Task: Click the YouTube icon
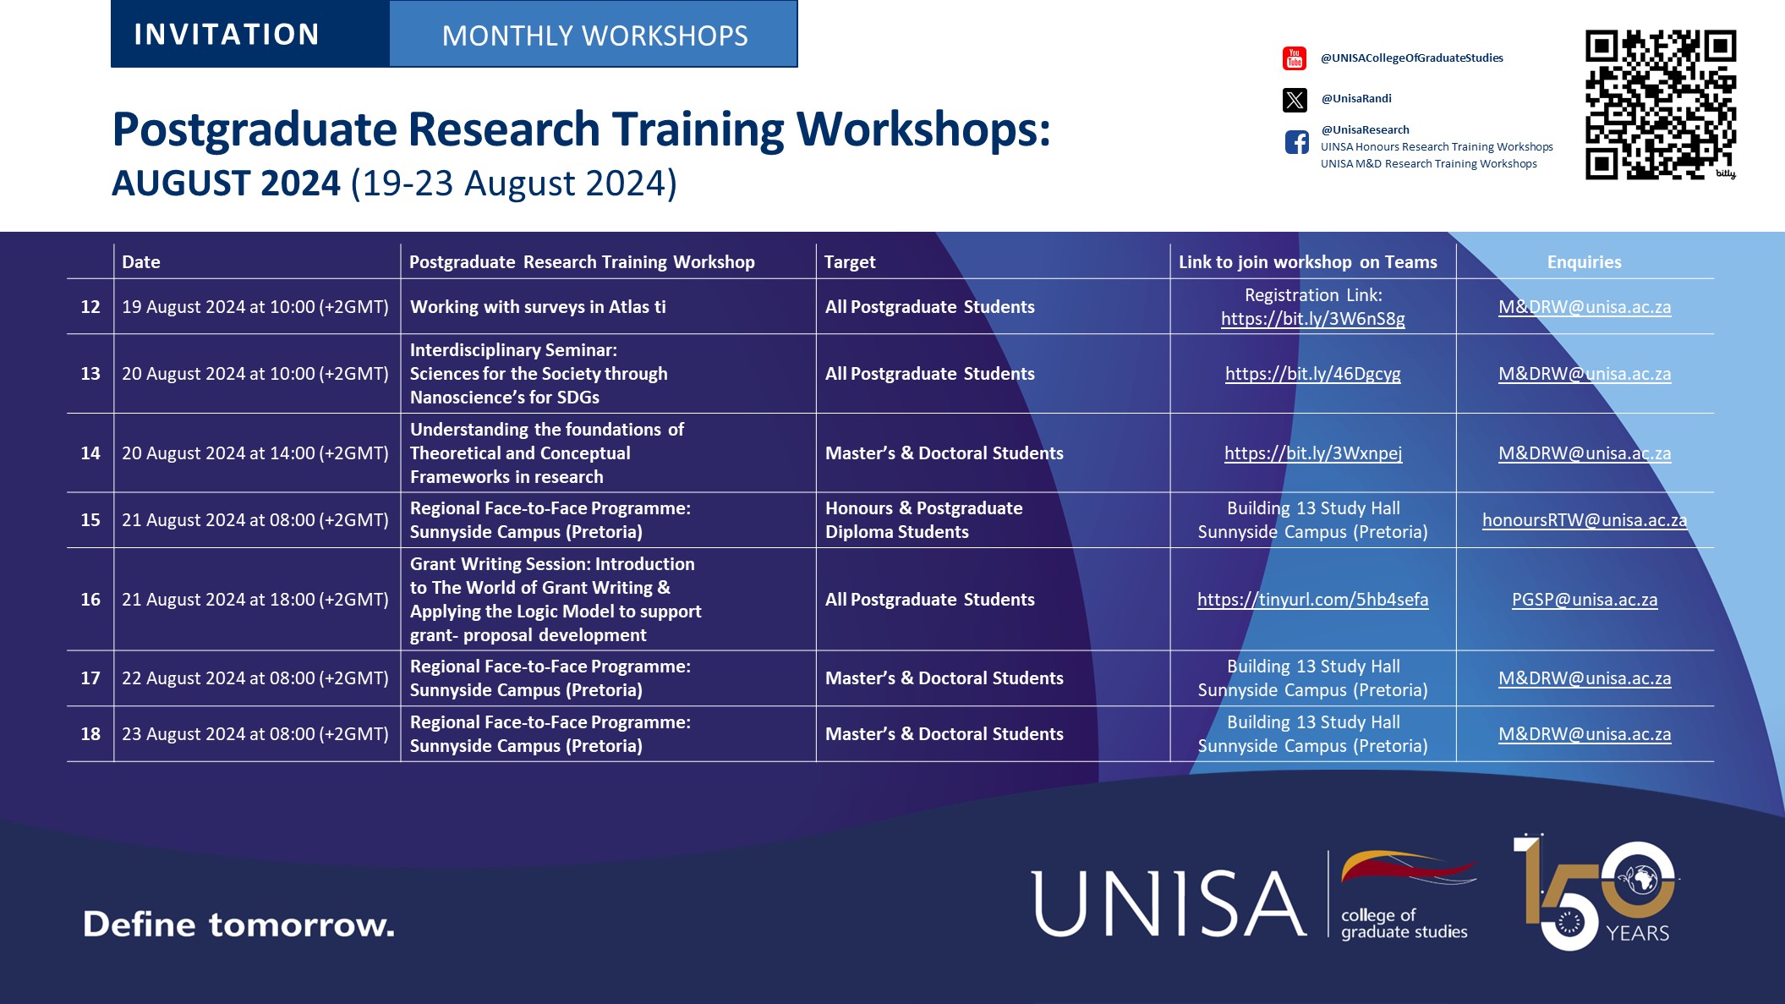pyautogui.click(x=1295, y=58)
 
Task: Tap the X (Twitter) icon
pyautogui.click(x=1295, y=100)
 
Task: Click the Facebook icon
pyautogui.click(x=1296, y=142)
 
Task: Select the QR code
pyautogui.click(x=1660, y=105)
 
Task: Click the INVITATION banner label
pyautogui.click(x=227, y=35)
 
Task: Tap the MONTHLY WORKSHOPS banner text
pyautogui.click(x=594, y=36)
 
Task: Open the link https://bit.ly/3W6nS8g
pyautogui.click(x=1312, y=319)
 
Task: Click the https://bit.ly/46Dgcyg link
pyautogui.click(x=1312, y=374)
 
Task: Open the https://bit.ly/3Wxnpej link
pyautogui.click(x=1312, y=453)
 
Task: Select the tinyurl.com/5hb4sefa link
pyautogui.click(x=1312, y=600)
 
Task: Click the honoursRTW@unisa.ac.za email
pyautogui.click(x=1584, y=520)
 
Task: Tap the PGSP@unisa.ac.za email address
pyautogui.click(x=1584, y=600)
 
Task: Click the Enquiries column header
pyautogui.click(x=1584, y=262)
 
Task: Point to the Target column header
pyautogui.click(x=850, y=262)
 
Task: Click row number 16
pyautogui.click(x=90, y=600)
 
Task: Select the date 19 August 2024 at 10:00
pyautogui.click(x=255, y=307)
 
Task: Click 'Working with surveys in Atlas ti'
pyautogui.click(x=538, y=307)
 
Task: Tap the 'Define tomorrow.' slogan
pyautogui.click(x=238, y=924)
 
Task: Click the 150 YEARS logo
pyautogui.click(x=1595, y=893)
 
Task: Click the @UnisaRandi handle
pyautogui.click(x=1356, y=98)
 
